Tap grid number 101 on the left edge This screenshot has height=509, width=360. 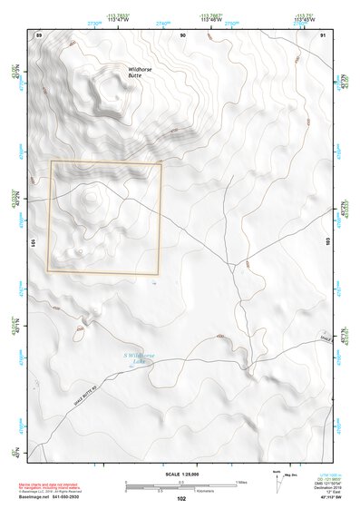34,242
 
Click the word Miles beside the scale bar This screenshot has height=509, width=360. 241,482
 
